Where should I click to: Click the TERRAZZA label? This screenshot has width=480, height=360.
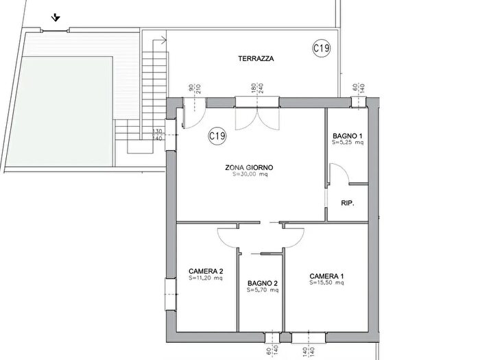pyautogui.click(x=256, y=58)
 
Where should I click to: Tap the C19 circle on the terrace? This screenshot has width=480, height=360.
pyautogui.click(x=322, y=48)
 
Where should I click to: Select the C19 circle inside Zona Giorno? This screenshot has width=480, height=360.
pyautogui.click(x=217, y=135)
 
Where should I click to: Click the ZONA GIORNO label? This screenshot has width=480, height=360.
pyautogui.click(x=249, y=167)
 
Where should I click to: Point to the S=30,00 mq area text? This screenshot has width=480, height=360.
pyautogui.click(x=250, y=174)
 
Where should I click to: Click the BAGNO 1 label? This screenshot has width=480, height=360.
pyautogui.click(x=347, y=136)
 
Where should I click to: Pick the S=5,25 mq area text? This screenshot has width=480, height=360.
pyautogui.click(x=348, y=143)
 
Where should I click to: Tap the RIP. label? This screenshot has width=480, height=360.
pyautogui.click(x=348, y=203)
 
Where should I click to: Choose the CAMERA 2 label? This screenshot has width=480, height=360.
pyautogui.click(x=206, y=272)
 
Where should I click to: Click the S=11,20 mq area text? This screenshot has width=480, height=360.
pyautogui.click(x=206, y=278)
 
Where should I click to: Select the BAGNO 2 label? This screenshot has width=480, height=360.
pyautogui.click(x=263, y=283)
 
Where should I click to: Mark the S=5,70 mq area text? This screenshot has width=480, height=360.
pyautogui.click(x=263, y=290)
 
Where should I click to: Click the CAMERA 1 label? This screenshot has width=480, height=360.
pyautogui.click(x=326, y=276)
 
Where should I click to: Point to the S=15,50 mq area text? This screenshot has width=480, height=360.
pyautogui.click(x=326, y=283)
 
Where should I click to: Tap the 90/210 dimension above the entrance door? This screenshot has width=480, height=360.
pyautogui.click(x=194, y=88)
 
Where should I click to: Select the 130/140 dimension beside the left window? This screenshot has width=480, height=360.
pyautogui.click(x=157, y=135)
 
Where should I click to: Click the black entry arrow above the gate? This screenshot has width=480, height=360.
pyautogui.click(x=56, y=18)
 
